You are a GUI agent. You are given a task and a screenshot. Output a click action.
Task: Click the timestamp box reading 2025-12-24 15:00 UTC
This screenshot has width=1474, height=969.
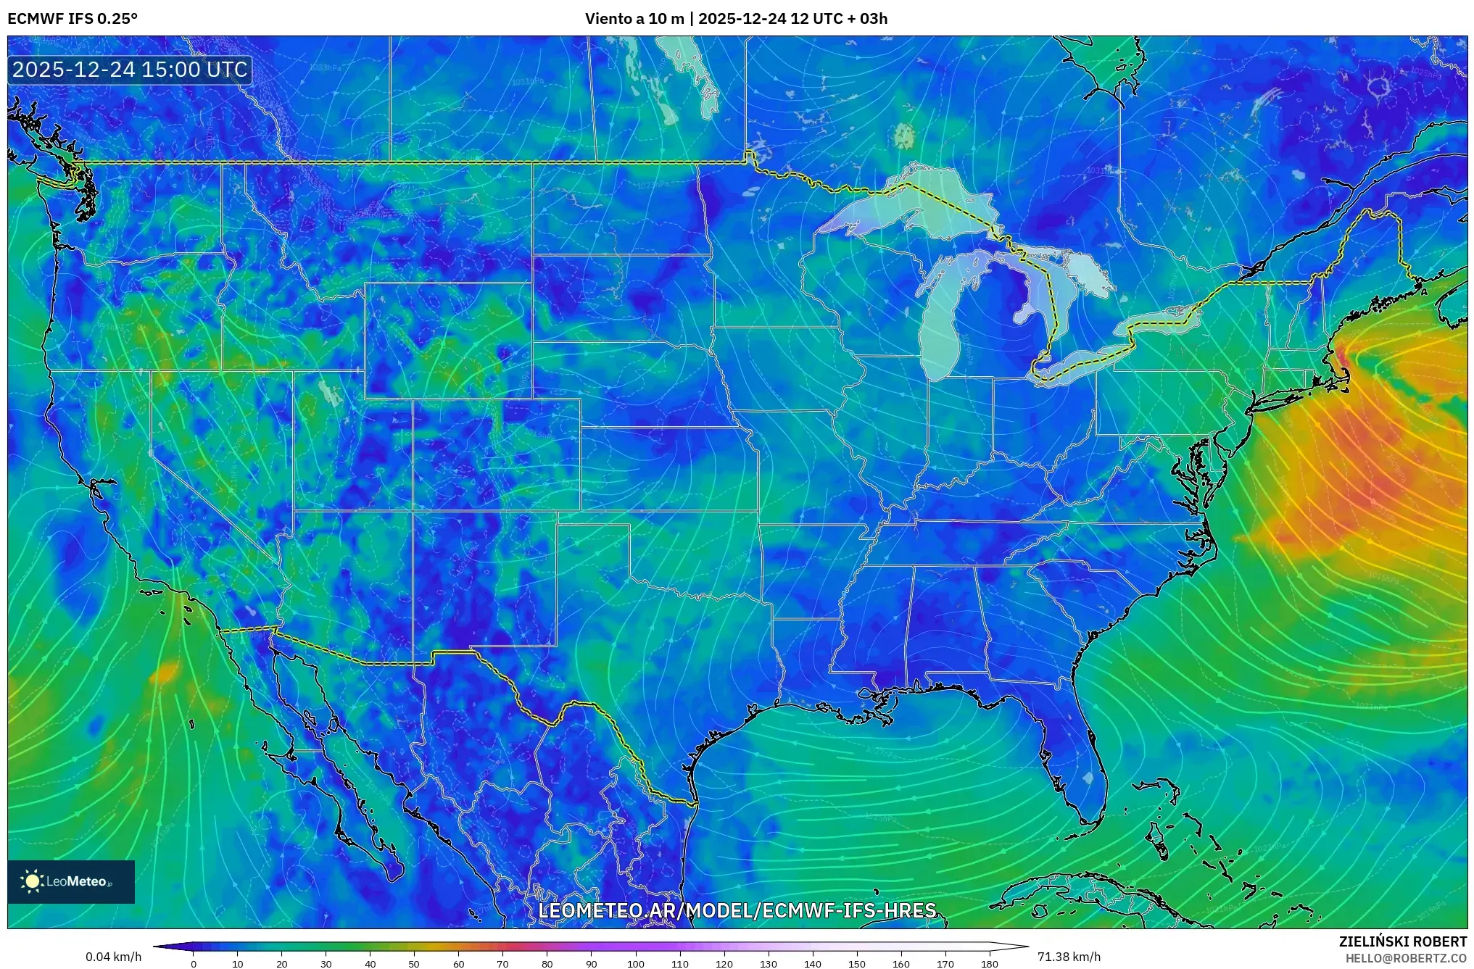click(x=131, y=70)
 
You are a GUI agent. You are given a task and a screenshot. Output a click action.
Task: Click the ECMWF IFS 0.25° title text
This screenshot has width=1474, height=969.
click(x=73, y=19)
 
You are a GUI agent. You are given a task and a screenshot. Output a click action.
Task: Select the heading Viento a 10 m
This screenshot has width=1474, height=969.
click(x=634, y=19)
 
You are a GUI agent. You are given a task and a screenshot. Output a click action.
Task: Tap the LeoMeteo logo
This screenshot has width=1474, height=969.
click(x=71, y=881)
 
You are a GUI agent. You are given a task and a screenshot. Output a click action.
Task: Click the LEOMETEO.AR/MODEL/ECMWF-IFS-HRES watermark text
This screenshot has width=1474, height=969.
click(x=737, y=910)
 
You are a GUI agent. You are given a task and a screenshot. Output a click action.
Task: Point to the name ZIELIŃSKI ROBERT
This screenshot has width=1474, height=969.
click(x=1402, y=941)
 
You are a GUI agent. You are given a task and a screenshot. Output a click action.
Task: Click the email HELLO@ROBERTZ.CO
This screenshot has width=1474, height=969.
click(x=1406, y=958)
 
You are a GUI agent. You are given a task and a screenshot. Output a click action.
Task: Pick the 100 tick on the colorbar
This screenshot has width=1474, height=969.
click(x=636, y=964)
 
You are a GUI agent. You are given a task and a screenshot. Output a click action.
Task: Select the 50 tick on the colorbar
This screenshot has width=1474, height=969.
click(x=414, y=964)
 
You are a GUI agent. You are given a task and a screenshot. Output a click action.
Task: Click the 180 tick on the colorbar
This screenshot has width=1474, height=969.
click(x=990, y=964)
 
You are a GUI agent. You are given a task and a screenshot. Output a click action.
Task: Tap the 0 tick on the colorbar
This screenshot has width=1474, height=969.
click(x=193, y=964)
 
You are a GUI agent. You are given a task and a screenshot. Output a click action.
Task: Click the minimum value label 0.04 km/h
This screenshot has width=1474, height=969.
click(x=114, y=957)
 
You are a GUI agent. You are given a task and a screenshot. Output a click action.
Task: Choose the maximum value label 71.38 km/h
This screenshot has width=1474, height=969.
click(x=1069, y=957)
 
